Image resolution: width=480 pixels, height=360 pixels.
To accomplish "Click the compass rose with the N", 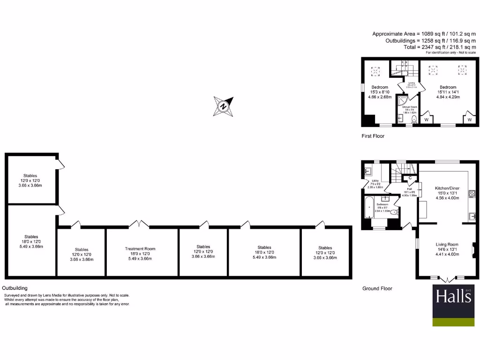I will [x=224, y=106].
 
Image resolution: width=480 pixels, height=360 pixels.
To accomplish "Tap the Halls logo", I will [x=453, y=305].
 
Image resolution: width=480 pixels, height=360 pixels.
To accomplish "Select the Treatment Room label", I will [x=140, y=248].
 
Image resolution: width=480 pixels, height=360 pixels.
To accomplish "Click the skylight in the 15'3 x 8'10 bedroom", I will [x=376, y=71].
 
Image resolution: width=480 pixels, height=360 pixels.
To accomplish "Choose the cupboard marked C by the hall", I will [x=410, y=178].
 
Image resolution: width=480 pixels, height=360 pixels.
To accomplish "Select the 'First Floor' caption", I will [x=373, y=136].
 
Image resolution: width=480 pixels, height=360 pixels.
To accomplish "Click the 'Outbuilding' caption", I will [x=15, y=288].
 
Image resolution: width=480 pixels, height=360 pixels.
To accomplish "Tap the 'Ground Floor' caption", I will [x=377, y=288].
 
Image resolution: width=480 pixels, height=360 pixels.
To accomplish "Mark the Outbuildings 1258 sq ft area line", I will [x=424, y=40].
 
